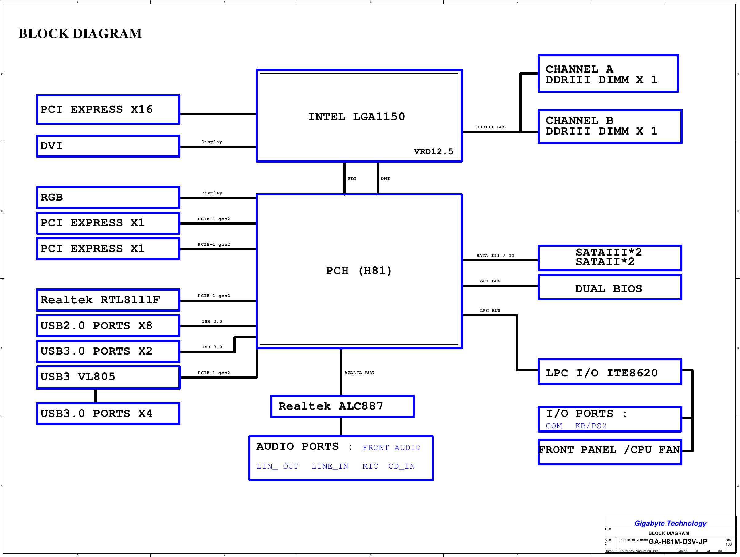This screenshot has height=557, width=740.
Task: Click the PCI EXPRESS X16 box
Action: [108, 109]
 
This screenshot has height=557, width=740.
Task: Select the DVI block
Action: [108, 146]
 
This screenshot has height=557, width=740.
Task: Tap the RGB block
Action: [108, 197]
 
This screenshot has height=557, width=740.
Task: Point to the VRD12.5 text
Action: [433, 151]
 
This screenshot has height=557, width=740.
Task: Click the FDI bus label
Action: [352, 178]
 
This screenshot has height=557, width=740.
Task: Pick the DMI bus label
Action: [385, 178]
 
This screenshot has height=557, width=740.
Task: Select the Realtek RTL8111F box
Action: [108, 300]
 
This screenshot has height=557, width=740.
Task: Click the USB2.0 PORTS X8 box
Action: [108, 325]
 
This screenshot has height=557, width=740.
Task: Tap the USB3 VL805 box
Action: [108, 377]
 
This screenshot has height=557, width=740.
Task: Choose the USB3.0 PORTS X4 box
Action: [108, 414]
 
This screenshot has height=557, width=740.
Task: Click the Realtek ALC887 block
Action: [342, 406]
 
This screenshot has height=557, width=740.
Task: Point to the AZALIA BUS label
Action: [359, 373]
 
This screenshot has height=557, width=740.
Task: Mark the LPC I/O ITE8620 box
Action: [609, 372]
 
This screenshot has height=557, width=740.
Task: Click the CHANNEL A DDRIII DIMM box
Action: [608, 74]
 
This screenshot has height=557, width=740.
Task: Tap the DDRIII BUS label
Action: [491, 127]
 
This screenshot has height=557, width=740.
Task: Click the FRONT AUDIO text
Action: [391, 448]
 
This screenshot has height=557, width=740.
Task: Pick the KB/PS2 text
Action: [591, 426]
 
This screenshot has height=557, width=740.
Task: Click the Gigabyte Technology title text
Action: [670, 523]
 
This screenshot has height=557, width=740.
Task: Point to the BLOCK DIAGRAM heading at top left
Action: [80, 34]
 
